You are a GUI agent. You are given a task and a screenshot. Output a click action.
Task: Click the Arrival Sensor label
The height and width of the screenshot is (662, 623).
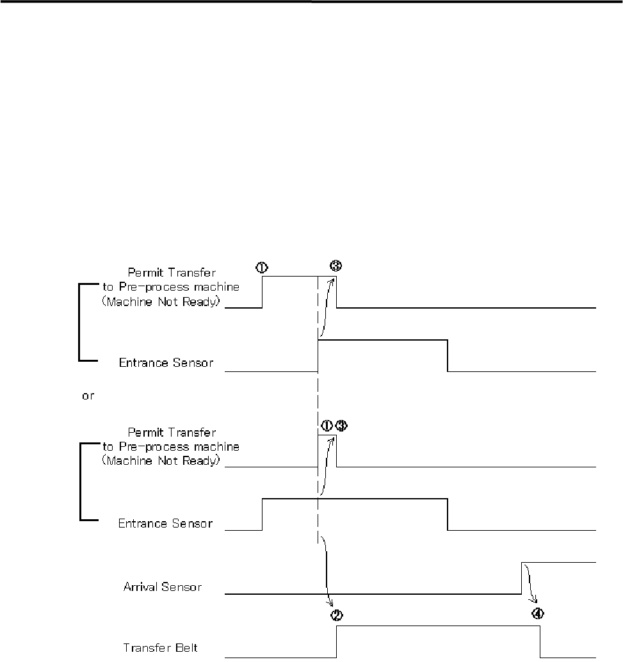pos(162,586)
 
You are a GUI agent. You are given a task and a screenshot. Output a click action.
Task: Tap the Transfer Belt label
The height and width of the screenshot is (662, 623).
pos(160,648)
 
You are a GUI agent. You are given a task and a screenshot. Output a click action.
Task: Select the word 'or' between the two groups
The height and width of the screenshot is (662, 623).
pos(88,396)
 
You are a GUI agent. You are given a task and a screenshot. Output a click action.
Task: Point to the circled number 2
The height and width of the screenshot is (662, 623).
pos(336,615)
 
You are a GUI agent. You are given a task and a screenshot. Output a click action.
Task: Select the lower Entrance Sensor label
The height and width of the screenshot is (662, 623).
pos(166,524)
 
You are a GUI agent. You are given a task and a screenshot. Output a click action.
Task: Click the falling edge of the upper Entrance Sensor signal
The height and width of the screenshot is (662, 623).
pos(448,356)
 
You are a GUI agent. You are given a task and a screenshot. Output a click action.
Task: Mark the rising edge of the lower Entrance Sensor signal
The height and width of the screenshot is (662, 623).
pos(263,514)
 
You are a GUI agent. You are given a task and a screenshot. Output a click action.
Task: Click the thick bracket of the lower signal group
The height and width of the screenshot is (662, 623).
pos(80,481)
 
